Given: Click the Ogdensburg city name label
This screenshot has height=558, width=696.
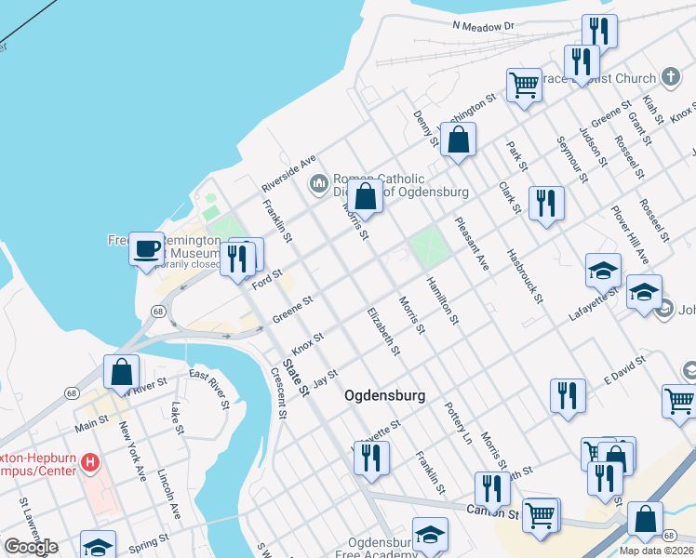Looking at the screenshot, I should click(x=384, y=395).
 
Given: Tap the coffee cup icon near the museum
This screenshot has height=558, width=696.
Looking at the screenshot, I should click(x=146, y=249).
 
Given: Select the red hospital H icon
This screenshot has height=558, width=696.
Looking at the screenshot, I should click(x=90, y=461).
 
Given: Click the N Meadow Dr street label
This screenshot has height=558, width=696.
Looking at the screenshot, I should click(x=484, y=27).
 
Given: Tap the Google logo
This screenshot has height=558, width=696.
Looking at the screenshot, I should click(x=31, y=547).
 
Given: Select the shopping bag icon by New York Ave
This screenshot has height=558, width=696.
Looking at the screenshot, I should click(x=122, y=372).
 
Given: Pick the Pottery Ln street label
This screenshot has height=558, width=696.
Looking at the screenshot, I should click(x=459, y=421).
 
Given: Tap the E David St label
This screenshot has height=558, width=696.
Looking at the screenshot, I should click(x=624, y=368).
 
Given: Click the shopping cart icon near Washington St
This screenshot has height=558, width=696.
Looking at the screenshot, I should click(x=524, y=85).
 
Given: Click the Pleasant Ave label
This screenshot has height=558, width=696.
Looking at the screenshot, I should click(x=473, y=243).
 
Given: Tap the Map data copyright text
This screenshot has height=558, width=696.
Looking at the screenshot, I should click(x=657, y=551).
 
